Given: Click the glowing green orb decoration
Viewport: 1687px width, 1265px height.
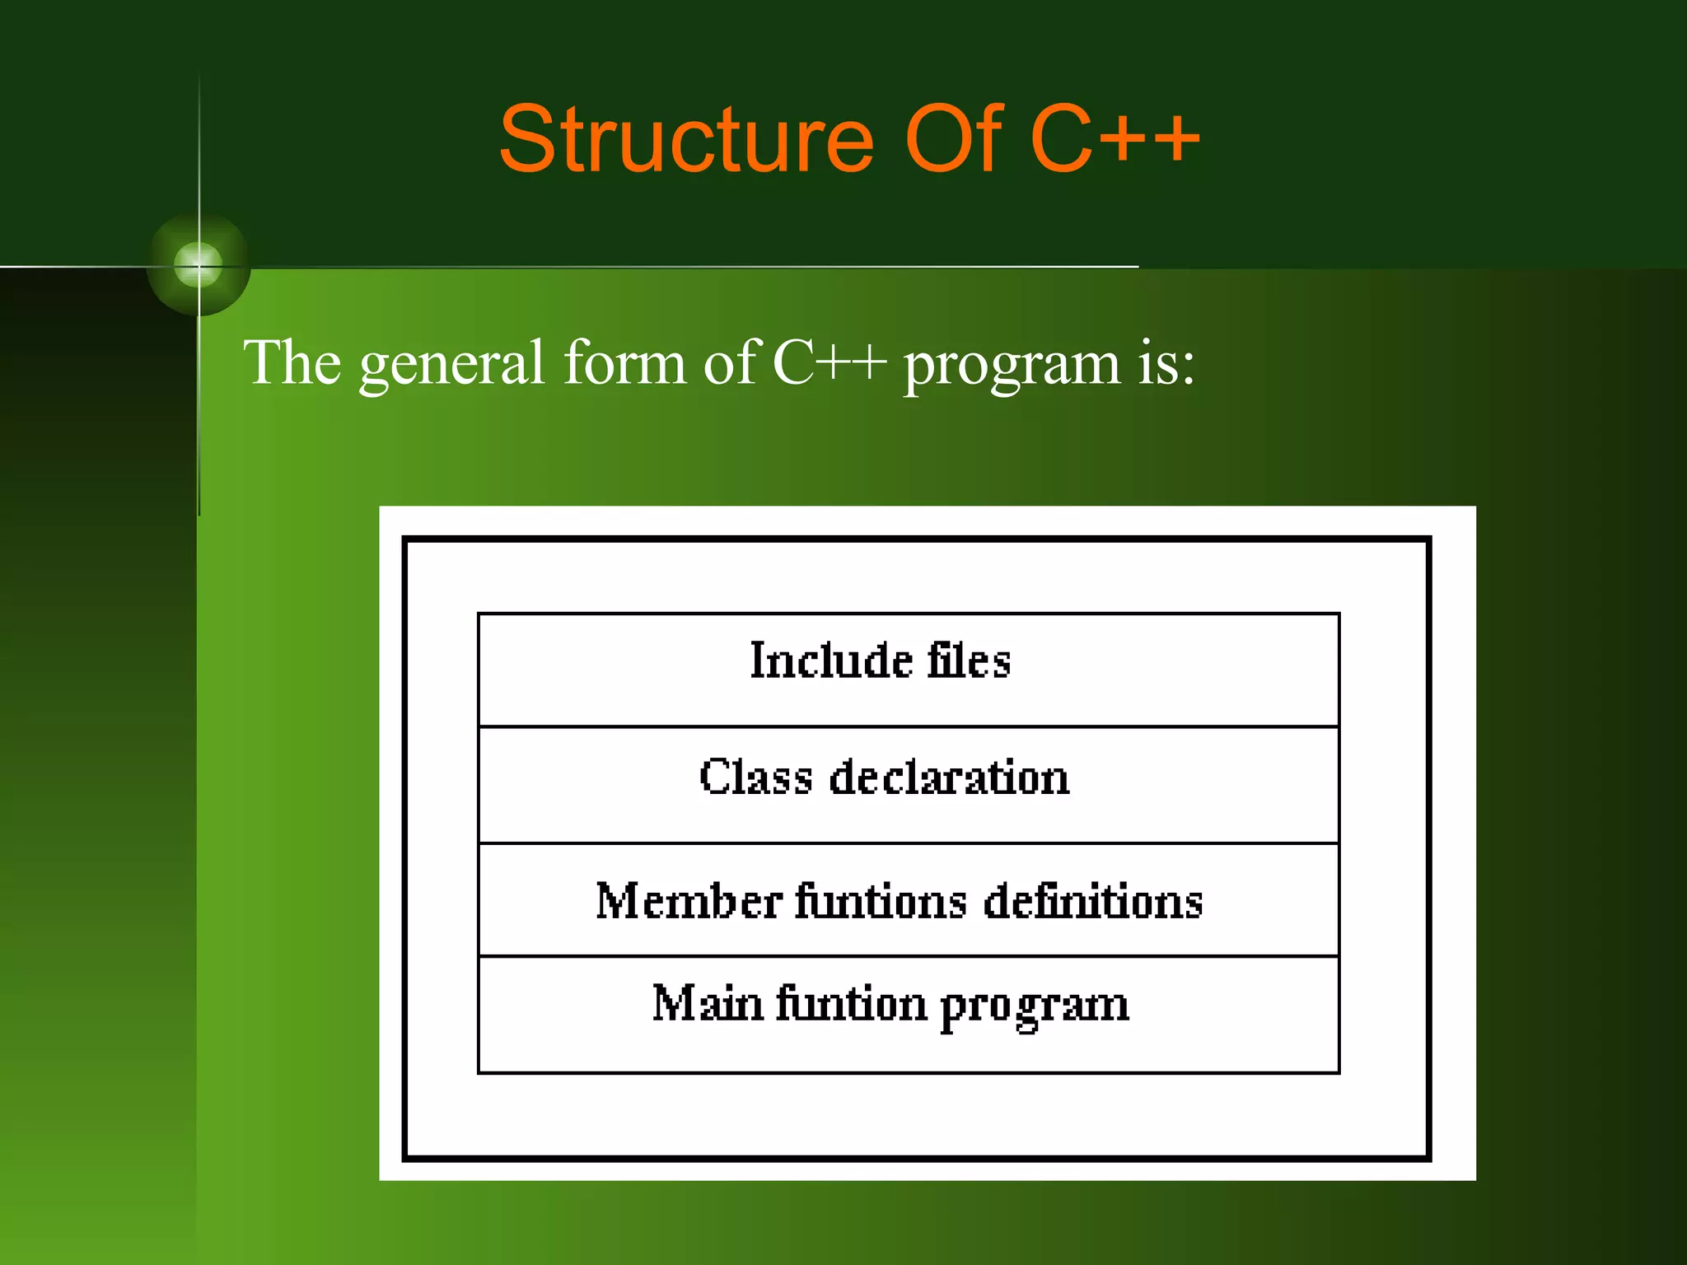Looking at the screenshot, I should [x=199, y=265].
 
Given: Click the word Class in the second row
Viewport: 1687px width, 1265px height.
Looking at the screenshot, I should [x=755, y=777].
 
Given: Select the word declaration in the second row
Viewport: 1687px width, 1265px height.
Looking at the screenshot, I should [x=949, y=777].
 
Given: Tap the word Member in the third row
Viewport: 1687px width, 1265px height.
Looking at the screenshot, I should [x=689, y=900].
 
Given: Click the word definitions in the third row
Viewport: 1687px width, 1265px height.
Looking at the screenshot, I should [x=1093, y=900].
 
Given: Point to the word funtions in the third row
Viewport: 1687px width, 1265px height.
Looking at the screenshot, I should [x=881, y=900].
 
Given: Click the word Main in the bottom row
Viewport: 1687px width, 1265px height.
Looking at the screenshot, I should [x=708, y=1004].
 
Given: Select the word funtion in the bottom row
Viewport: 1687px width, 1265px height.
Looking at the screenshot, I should [x=852, y=1004].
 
